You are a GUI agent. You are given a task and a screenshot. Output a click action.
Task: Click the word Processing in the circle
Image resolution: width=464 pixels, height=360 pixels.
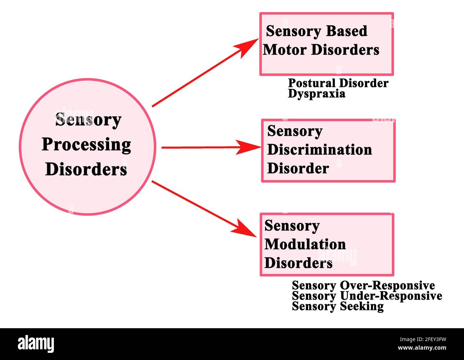click(x=86, y=145)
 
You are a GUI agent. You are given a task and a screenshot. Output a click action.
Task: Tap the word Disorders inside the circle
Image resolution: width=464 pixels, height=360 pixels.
click(x=86, y=169)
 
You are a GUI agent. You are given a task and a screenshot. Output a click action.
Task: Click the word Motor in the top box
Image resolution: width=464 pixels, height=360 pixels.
click(x=284, y=50)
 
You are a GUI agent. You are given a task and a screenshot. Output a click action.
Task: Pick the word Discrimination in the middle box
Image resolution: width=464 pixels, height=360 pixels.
click(x=319, y=150)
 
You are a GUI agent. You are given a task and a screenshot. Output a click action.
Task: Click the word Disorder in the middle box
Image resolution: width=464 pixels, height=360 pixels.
click(x=298, y=169)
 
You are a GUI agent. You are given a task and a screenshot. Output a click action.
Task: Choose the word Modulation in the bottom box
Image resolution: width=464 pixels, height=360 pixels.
click(x=305, y=245)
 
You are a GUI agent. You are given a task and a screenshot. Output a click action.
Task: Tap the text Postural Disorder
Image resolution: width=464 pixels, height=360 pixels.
click(x=338, y=83)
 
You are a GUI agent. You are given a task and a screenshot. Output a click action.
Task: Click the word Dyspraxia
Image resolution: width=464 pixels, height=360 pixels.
click(x=317, y=94)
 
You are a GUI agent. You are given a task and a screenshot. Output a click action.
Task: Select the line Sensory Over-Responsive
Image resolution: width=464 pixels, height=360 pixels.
click(x=363, y=285)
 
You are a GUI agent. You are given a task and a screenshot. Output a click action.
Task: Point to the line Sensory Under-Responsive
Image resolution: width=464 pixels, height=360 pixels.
click(x=367, y=296)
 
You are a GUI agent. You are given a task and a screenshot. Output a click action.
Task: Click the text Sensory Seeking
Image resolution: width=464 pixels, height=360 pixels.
click(x=338, y=306)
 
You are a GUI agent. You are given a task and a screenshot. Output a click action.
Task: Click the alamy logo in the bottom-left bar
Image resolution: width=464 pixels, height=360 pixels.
click(x=36, y=344)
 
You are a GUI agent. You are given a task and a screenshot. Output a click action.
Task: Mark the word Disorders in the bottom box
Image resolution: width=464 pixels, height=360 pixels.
click(x=298, y=264)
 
